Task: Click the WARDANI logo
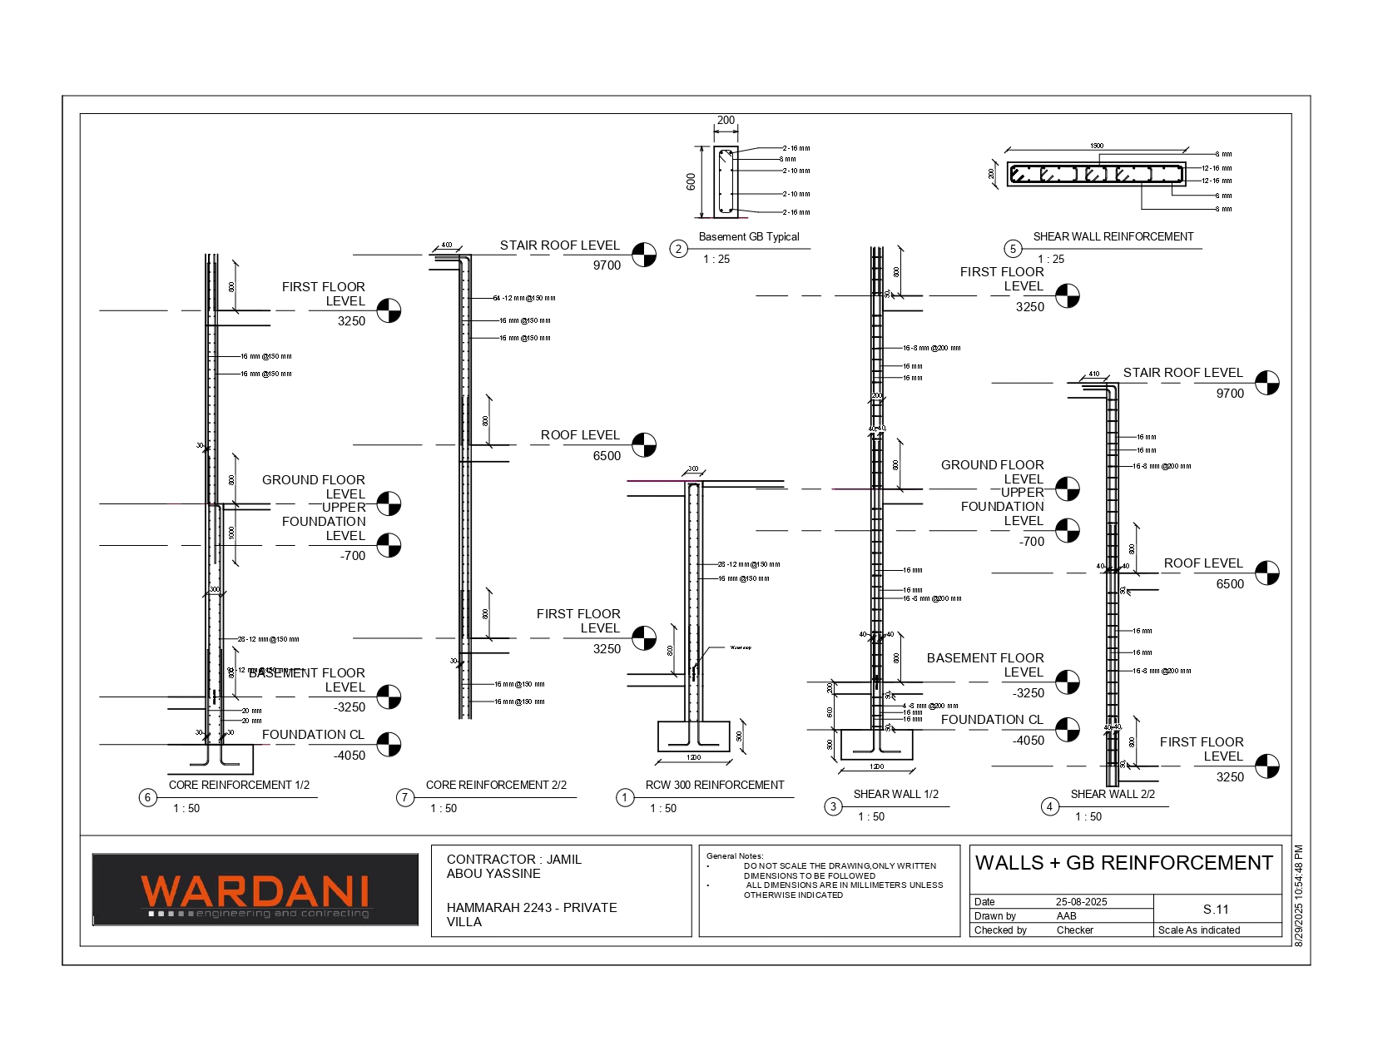tap(255, 890)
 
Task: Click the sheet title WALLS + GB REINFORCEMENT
tap(1124, 863)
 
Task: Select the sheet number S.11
tap(1216, 910)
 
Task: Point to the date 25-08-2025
tap(1081, 902)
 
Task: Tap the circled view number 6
tap(148, 798)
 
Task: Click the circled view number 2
tap(679, 249)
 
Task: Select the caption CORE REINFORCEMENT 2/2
tap(496, 785)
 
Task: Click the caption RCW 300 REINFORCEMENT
tap(715, 785)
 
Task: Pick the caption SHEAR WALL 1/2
tap(895, 794)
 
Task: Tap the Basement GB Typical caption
tap(749, 237)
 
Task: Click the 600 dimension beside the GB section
tap(691, 181)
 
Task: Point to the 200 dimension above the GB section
tap(726, 121)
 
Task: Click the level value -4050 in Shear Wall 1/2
tap(1029, 741)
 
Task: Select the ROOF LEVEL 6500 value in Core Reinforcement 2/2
tap(607, 456)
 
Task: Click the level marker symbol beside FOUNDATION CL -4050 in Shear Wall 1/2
tap(1068, 729)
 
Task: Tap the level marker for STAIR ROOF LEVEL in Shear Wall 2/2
tap(1266, 383)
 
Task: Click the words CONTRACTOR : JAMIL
tap(513, 860)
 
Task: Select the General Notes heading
tap(735, 855)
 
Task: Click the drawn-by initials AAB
tap(1066, 916)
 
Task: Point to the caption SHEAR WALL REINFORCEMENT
tap(1113, 237)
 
